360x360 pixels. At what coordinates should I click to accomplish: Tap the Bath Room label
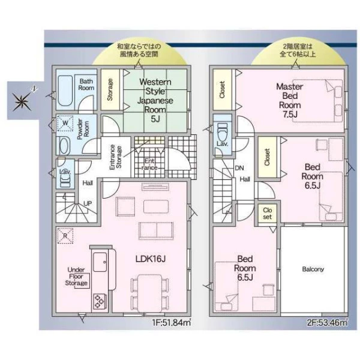(86, 85)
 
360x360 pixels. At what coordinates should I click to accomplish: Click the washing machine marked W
(65, 123)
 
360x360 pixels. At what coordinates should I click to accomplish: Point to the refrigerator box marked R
(65, 236)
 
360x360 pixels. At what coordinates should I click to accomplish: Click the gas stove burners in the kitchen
(100, 301)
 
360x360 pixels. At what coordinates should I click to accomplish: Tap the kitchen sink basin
(100, 262)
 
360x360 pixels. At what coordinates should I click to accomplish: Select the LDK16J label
(151, 259)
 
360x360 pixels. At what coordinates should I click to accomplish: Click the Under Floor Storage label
(76, 277)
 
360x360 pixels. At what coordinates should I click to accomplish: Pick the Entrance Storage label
(115, 157)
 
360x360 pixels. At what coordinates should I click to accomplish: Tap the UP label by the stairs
(88, 203)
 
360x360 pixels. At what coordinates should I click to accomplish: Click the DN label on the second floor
(239, 168)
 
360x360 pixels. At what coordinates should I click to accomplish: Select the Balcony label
(313, 269)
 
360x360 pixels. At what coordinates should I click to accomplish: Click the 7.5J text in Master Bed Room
(290, 114)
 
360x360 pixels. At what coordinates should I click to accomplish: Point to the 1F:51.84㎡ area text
(172, 323)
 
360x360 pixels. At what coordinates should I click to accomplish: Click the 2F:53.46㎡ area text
(327, 323)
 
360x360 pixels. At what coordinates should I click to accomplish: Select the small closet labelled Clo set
(267, 213)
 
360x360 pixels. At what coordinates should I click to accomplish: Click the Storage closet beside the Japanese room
(110, 89)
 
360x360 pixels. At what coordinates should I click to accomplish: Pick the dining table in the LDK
(149, 293)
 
